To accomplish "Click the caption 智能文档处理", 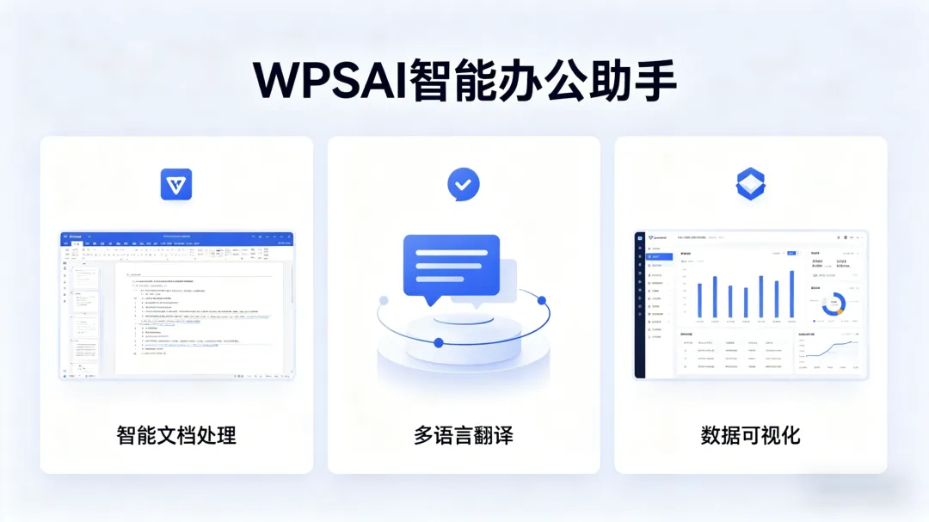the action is tap(176, 435).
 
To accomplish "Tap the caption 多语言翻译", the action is tap(463, 435).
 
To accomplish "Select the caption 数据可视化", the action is tap(750, 435).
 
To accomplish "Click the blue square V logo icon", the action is tap(176, 184).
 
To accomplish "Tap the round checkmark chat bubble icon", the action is tap(464, 183).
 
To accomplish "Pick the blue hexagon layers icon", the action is tap(750, 184).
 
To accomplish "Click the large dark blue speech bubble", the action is tap(451, 264).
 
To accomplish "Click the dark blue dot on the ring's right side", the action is tap(542, 300).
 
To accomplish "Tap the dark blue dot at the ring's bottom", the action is tap(439, 342).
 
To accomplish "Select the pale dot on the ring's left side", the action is tap(384, 300).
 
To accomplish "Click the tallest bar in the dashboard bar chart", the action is tap(791, 294).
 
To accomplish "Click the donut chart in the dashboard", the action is tap(834, 304).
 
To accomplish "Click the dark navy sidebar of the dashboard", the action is tap(639, 305).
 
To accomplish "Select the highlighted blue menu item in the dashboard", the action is tap(657, 256).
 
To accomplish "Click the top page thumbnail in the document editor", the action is tap(86, 274).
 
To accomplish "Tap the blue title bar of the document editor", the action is tap(176, 235).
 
